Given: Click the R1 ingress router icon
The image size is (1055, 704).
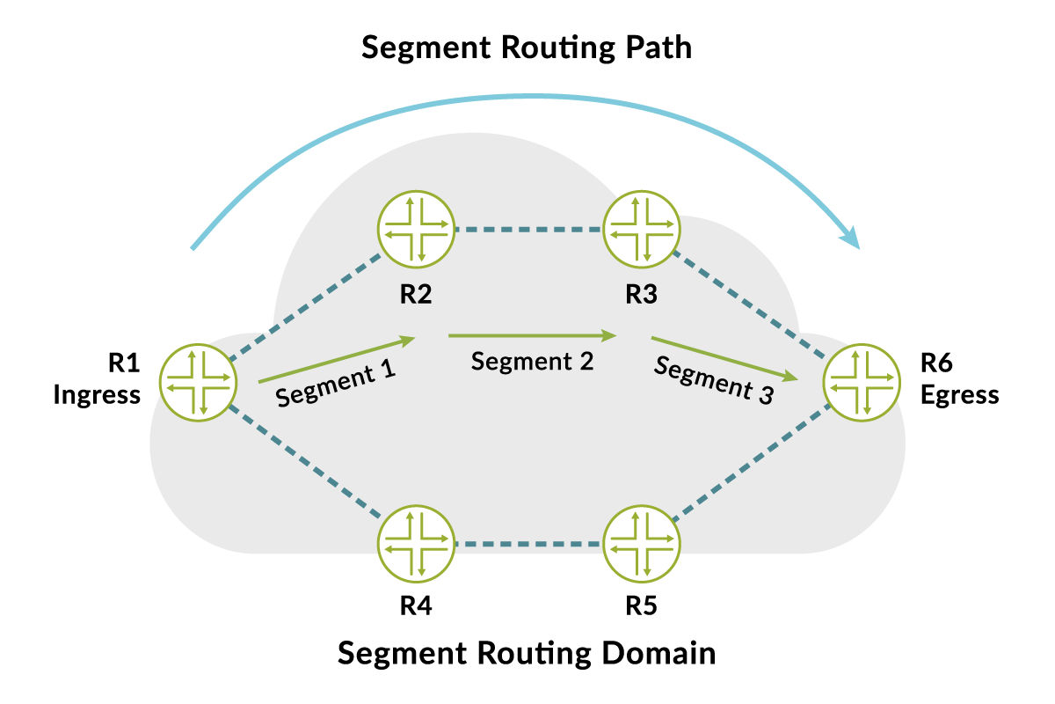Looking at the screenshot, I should coord(198,382).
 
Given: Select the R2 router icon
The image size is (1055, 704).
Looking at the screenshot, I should coord(416,231).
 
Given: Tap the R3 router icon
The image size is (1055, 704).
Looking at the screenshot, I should coord(642,231).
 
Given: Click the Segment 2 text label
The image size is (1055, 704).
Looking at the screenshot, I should coord(532,361).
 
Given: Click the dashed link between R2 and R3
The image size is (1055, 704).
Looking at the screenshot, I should coord(528,231).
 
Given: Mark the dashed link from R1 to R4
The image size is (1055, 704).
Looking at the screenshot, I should coord(304,461).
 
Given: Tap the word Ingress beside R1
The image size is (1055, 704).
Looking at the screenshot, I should coord(97,395).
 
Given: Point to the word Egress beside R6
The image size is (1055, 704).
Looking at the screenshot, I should coord(959,395).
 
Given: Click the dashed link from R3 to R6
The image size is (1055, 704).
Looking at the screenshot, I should coord(752,304).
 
